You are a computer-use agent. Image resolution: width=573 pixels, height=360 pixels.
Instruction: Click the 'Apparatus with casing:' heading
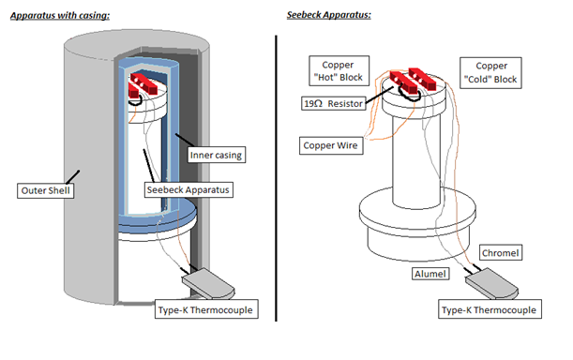click(x=60, y=15)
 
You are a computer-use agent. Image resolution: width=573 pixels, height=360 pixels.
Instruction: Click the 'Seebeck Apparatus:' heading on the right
click(x=329, y=15)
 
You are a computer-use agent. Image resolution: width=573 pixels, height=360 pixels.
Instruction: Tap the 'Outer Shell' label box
click(x=46, y=191)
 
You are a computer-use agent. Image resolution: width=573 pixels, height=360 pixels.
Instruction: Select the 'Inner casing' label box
click(x=216, y=155)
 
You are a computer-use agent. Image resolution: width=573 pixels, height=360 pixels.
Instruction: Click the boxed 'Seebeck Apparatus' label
click(x=188, y=190)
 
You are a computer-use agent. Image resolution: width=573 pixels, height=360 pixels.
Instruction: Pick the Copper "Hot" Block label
click(x=339, y=71)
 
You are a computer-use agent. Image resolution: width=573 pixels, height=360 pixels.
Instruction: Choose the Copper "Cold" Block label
click(x=490, y=73)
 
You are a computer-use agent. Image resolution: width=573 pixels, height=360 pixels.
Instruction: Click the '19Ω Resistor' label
click(x=334, y=103)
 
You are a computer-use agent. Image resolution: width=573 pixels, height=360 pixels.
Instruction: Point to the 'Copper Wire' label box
click(x=331, y=145)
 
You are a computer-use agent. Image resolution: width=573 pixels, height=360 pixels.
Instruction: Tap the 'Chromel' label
click(x=501, y=252)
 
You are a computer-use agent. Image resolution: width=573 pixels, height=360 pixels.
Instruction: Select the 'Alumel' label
click(x=430, y=274)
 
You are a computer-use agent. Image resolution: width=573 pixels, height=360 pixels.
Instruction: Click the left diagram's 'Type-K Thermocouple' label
click(x=206, y=309)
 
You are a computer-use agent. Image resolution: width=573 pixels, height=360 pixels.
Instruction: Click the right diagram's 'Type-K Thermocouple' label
click(x=490, y=309)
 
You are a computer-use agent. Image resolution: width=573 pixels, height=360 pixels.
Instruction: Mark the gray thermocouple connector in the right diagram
click(x=491, y=283)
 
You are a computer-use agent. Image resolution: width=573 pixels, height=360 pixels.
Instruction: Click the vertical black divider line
click(x=276, y=178)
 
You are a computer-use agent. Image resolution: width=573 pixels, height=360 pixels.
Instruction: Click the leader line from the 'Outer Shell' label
click(x=72, y=177)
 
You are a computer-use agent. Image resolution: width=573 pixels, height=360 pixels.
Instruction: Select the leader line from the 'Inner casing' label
click(x=185, y=141)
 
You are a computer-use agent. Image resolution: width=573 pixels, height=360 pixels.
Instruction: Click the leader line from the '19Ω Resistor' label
click(x=379, y=95)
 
